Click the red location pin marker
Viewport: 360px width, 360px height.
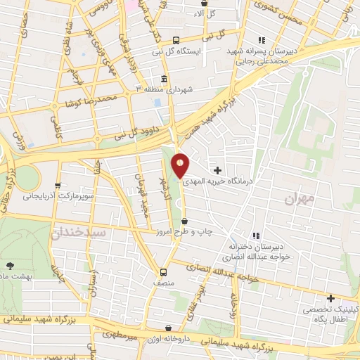(x=181, y=165)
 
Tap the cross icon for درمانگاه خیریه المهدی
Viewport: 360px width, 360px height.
(x=217, y=170)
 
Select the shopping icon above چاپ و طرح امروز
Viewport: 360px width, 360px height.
(x=184, y=221)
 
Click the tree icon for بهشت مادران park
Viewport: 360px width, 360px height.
(x=10, y=265)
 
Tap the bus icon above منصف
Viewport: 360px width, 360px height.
(x=164, y=272)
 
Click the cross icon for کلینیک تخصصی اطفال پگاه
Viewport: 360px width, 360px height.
(x=330, y=298)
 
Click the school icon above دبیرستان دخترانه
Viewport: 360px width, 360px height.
(x=257, y=236)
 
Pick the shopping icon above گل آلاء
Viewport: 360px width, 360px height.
(x=204, y=3)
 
